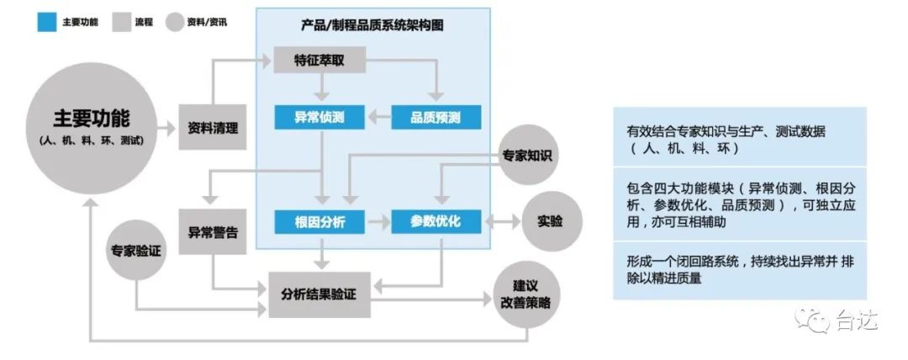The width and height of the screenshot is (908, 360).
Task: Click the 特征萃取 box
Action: tap(318, 61)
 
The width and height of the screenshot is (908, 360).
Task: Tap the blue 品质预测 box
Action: tap(436, 117)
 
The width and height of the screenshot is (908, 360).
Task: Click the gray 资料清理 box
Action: tap(213, 128)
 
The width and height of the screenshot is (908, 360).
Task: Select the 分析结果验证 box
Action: tap(319, 294)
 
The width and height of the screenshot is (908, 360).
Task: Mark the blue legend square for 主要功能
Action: tap(45, 21)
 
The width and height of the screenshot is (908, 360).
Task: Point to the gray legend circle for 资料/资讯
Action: tap(174, 21)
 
